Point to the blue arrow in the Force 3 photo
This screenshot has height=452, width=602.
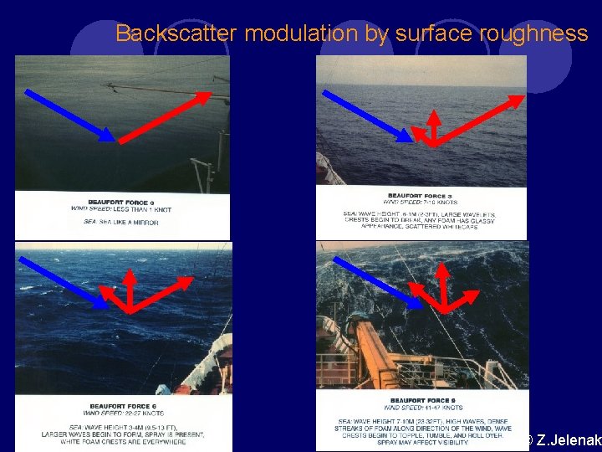(x=365, y=116)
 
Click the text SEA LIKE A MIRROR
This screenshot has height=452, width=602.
(x=121, y=222)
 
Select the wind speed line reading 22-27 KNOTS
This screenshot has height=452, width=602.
(x=120, y=413)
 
